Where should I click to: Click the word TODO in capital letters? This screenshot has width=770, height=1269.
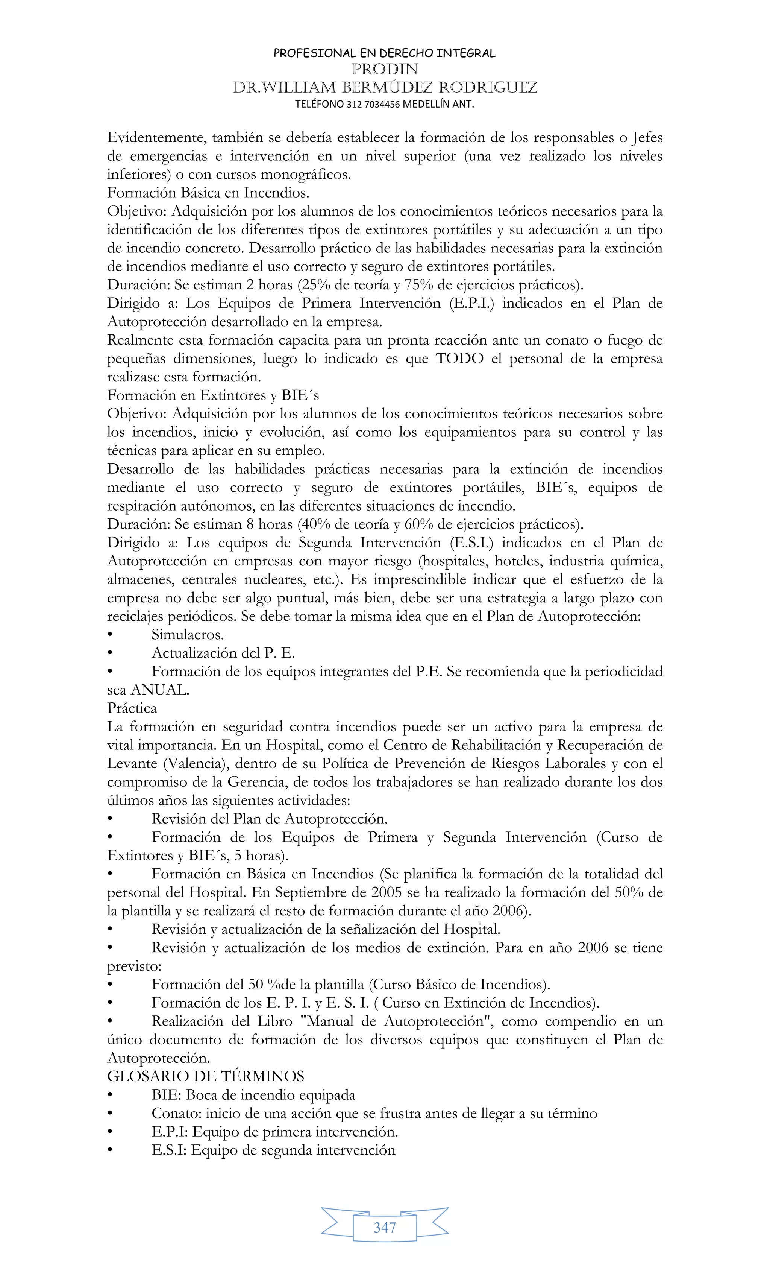460,359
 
